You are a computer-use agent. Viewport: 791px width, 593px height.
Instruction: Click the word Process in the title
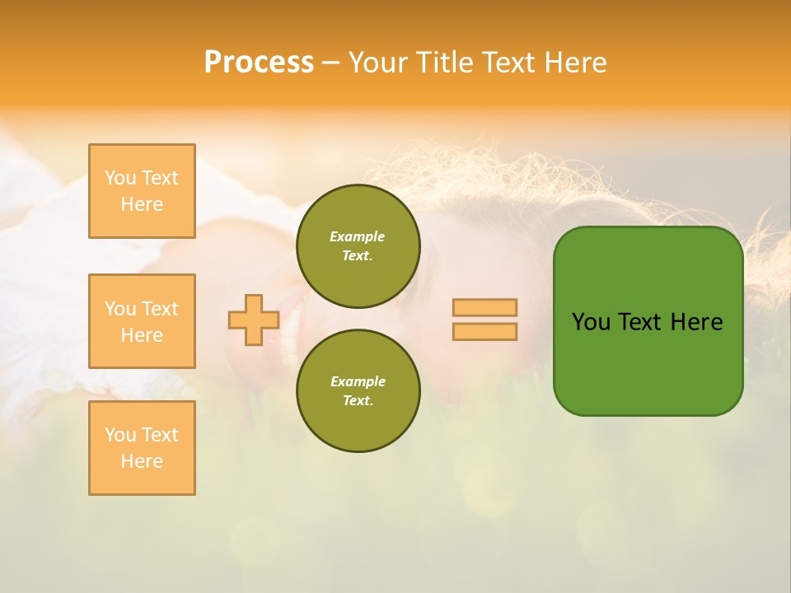[x=259, y=63]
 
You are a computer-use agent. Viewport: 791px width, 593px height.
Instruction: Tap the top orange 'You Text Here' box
[x=142, y=191]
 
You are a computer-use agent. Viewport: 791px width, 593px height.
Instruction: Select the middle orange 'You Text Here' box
[x=142, y=321]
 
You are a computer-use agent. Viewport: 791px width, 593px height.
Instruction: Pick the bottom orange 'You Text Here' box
[x=142, y=448]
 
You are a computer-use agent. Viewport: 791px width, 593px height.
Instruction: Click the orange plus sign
[x=254, y=320]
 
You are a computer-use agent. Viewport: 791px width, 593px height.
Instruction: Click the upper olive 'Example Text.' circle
[x=358, y=245]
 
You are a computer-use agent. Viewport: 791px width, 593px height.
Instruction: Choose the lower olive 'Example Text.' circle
[x=358, y=390]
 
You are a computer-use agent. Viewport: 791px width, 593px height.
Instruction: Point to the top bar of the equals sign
[x=484, y=307]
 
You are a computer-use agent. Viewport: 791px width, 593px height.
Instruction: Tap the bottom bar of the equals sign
[x=484, y=331]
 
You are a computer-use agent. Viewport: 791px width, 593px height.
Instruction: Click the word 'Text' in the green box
[x=639, y=322]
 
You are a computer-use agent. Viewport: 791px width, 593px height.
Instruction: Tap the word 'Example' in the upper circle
[x=358, y=236]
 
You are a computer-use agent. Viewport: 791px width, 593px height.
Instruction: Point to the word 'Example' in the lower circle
[x=358, y=381]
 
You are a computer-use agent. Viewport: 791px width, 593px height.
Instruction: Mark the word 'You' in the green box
[x=591, y=322]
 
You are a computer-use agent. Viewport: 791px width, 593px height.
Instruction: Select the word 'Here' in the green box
[x=696, y=322]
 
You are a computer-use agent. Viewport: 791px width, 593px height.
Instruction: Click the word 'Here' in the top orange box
[x=142, y=204]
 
